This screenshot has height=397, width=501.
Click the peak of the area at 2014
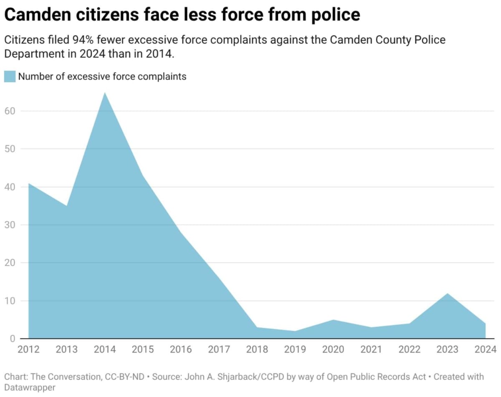(x=104, y=92)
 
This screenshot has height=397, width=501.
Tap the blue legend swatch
(x=10, y=76)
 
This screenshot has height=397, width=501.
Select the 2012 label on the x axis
(x=29, y=349)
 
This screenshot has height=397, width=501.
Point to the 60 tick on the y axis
(x=10, y=111)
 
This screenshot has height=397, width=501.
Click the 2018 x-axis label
(x=257, y=349)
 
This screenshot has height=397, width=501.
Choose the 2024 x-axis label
(x=486, y=349)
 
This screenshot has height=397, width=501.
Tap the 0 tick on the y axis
(x=13, y=338)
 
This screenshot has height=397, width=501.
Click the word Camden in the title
(x=38, y=15)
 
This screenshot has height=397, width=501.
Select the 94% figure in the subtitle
(x=83, y=40)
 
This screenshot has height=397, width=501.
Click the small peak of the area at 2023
(x=447, y=293)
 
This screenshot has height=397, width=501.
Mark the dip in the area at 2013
(x=66, y=206)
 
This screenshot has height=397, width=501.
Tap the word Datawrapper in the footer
(x=30, y=387)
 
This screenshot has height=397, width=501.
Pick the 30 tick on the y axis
(x=10, y=225)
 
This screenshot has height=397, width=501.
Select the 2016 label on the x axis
(x=181, y=349)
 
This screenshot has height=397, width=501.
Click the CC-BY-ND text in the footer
(x=124, y=377)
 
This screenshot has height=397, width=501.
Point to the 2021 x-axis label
(x=371, y=349)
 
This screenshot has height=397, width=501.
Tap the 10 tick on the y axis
(x=10, y=301)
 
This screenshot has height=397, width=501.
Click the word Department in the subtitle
(x=35, y=54)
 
